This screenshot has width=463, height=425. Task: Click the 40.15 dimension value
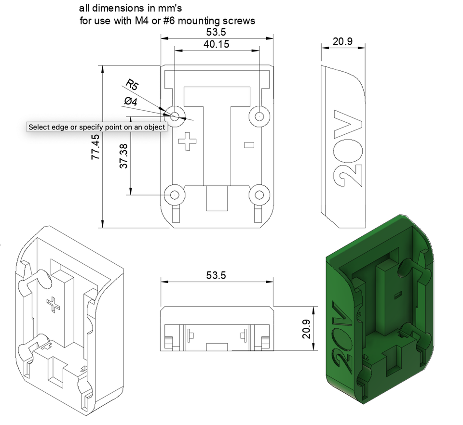(217, 45)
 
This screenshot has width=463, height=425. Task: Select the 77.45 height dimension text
(95, 146)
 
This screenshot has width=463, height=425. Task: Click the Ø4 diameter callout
(130, 102)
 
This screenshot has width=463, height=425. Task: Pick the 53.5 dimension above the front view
(217, 32)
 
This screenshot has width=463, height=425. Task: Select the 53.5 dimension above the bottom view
(217, 275)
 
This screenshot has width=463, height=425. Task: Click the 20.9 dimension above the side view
(342, 42)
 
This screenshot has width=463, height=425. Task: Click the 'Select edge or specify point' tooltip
(97, 127)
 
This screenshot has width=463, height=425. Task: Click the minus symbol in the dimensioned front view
(249, 144)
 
